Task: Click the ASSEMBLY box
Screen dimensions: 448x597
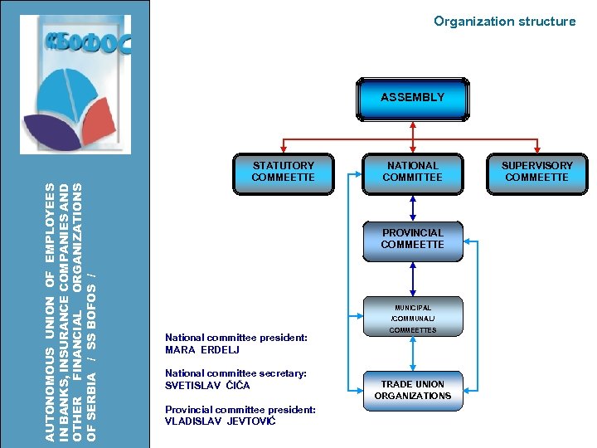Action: coord(412,99)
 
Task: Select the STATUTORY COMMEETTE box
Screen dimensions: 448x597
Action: coord(283,173)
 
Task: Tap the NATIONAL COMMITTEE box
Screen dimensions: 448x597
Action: coord(412,173)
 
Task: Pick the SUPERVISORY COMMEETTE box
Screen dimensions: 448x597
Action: coord(536,173)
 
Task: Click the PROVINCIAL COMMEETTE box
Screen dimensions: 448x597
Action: coord(412,240)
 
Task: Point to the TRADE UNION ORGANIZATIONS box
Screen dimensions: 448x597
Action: coord(412,390)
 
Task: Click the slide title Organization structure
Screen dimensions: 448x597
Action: coord(504,22)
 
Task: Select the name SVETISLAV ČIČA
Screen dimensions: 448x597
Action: coord(207,386)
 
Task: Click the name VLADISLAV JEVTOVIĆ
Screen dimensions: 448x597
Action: coord(220,421)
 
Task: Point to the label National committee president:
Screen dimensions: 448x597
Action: coord(236,338)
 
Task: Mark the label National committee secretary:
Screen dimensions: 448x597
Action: coord(235,373)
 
